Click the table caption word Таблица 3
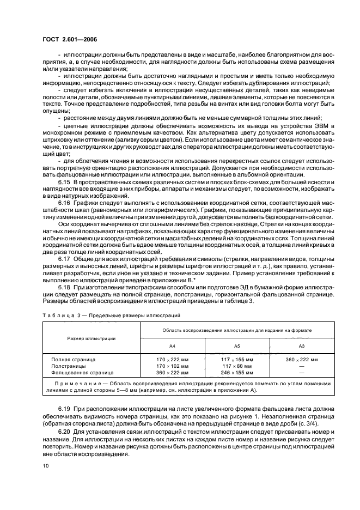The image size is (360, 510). [57, 315]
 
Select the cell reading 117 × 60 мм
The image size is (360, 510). [237, 367]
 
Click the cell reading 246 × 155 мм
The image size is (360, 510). [237, 373]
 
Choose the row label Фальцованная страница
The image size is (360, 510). [82, 373]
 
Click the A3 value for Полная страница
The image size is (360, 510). [301, 360]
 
